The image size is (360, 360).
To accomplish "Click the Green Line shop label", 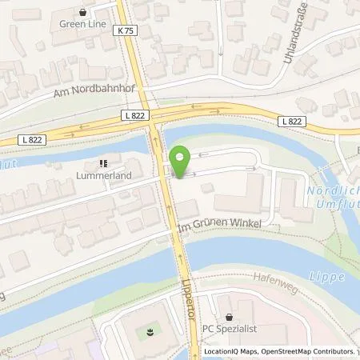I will [x=83, y=24].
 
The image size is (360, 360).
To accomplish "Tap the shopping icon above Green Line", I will [x=83, y=12].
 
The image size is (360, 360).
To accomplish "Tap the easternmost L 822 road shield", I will [x=291, y=121].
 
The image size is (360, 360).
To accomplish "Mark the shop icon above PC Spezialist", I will [x=229, y=318].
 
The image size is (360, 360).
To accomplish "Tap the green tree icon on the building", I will [x=150, y=328].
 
